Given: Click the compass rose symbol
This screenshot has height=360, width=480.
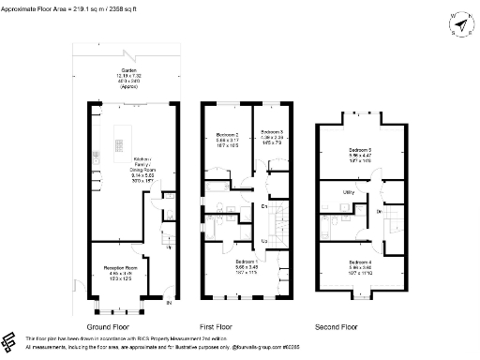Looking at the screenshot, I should (457, 22).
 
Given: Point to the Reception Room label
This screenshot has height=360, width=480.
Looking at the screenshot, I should (119, 272).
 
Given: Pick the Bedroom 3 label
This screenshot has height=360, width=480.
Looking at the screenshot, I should (272, 135).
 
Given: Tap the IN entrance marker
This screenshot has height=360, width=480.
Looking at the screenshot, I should (169, 304).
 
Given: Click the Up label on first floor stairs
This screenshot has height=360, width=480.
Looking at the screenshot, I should (265, 241).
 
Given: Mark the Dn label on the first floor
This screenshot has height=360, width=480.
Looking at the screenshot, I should (265, 205).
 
